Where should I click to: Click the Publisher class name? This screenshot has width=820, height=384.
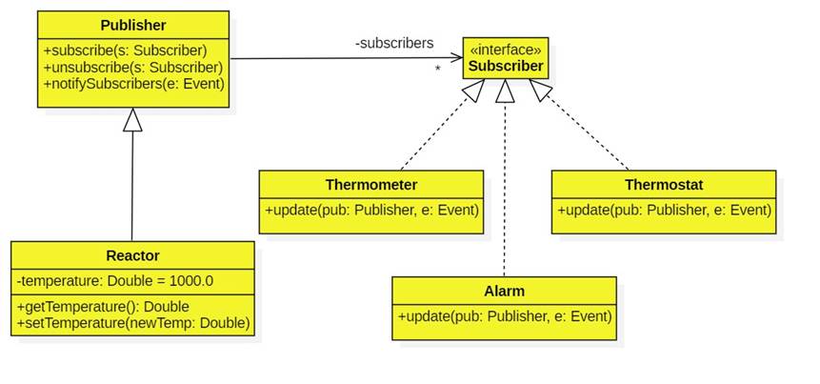pos(133,25)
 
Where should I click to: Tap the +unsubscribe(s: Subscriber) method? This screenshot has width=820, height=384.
pos(133,67)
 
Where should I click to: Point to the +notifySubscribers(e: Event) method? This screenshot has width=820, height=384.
pos(133,83)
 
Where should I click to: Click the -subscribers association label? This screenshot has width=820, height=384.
pos(393,43)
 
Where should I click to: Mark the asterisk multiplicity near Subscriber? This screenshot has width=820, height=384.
pos(438,70)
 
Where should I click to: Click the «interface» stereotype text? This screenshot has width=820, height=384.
pos(505,50)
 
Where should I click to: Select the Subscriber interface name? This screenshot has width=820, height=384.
pos(505,67)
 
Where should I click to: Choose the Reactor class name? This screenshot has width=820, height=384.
pos(132,255)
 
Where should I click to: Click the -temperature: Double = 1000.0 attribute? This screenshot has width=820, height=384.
pos(115,281)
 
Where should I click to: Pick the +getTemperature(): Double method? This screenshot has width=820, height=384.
pos(104,307)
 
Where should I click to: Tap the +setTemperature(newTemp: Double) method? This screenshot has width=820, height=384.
pos(134,323)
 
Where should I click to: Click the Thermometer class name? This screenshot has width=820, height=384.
pos(371,184)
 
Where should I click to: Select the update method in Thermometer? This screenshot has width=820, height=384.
pos(371,210)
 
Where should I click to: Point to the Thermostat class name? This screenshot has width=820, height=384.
pos(664,184)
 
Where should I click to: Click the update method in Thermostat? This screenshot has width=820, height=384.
pos(664,210)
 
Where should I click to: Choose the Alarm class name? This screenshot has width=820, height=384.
pos(504,291)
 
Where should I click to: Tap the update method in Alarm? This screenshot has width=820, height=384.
pos(504,316)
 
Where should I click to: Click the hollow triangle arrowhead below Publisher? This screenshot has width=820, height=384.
pos(133,119)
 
